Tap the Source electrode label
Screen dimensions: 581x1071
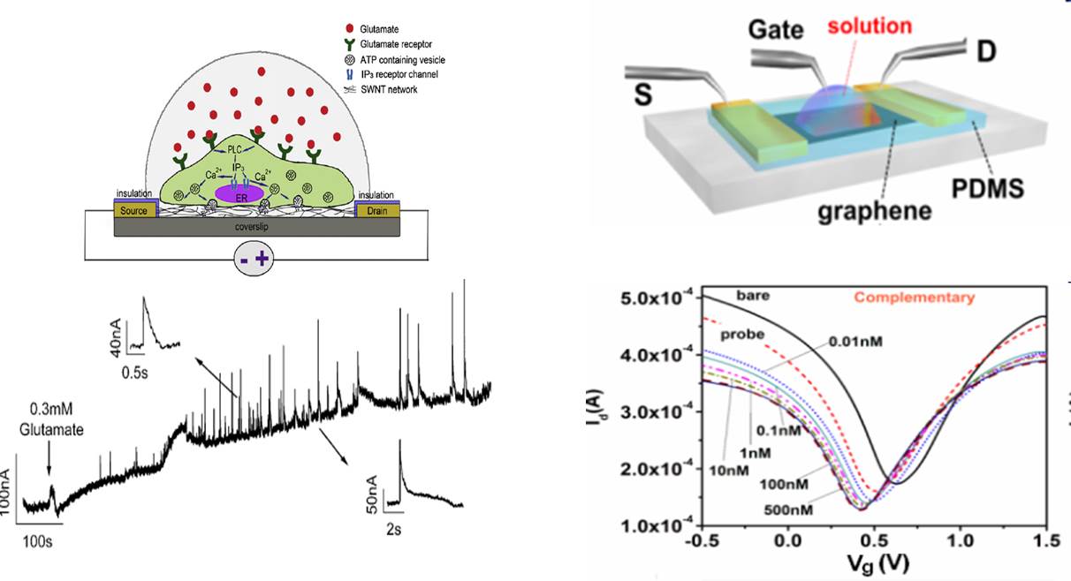click(x=134, y=210)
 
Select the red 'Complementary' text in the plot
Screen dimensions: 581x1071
click(x=915, y=298)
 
